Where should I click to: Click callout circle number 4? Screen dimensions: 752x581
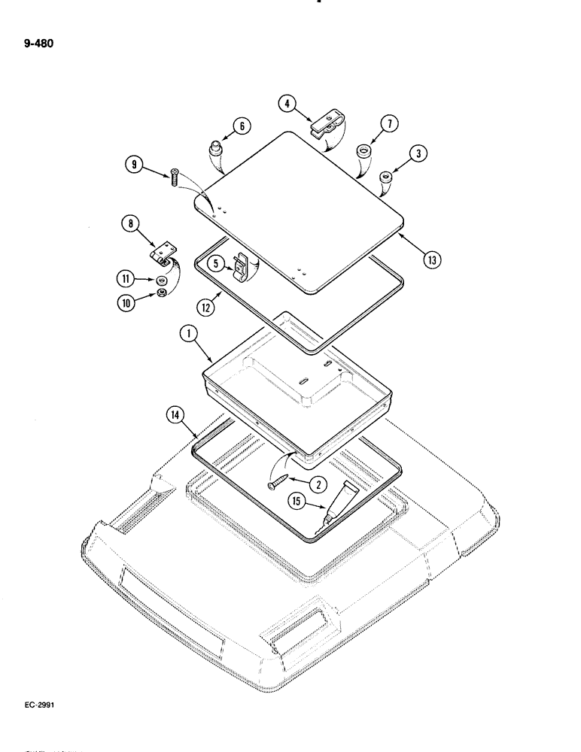click(x=286, y=104)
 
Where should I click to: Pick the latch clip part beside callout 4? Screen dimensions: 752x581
click(x=327, y=123)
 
